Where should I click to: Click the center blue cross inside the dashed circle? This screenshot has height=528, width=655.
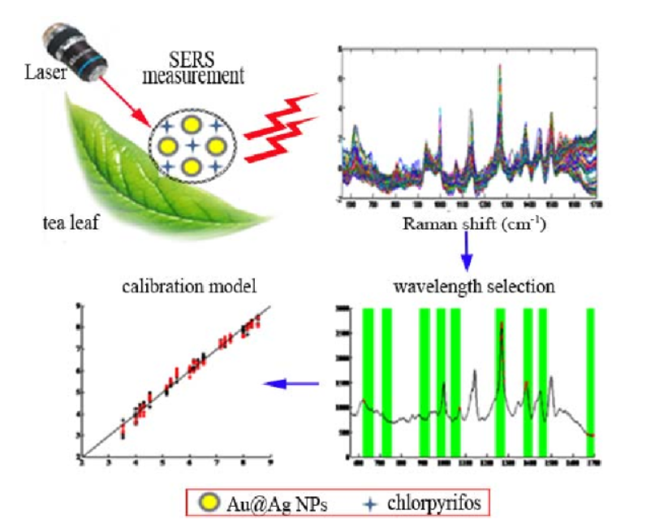(192, 146)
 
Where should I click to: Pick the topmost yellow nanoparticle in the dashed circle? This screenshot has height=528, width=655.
(192, 124)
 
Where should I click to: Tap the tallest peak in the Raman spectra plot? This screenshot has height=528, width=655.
(500, 69)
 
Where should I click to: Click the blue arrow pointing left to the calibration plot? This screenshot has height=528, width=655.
(291, 383)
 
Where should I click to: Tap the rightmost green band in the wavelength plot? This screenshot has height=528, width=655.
(590, 382)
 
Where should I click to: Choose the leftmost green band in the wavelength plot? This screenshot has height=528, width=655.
(368, 382)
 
